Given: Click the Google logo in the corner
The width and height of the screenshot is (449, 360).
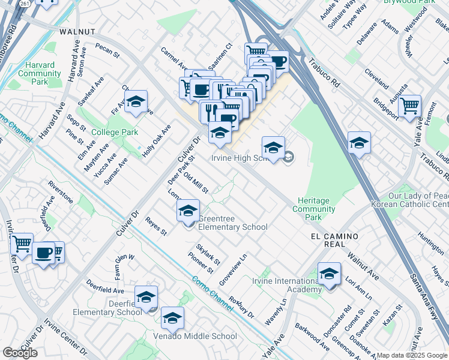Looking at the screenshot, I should [20, 353].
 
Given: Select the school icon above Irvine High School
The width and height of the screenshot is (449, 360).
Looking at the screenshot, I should [273, 148].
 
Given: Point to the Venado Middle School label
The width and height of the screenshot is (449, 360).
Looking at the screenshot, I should [195, 336].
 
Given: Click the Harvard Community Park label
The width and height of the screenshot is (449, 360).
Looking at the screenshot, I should [40, 73].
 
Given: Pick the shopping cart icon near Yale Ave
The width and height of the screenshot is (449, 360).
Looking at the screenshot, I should [409, 106].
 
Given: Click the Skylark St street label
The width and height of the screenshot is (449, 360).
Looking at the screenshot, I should [208, 254].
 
